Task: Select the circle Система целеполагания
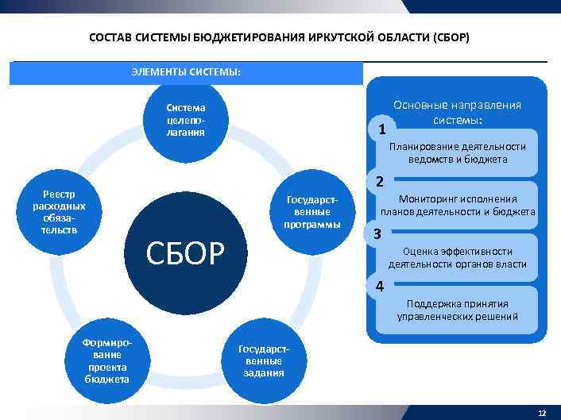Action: pos(185,120)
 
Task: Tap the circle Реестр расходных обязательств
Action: pos(60,212)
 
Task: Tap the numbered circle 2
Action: pos(379,182)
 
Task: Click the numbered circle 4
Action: pos(379,286)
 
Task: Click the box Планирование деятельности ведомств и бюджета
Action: pos(457,153)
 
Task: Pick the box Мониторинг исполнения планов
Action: pos(457,206)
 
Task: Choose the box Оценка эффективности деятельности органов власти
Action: pos(457,258)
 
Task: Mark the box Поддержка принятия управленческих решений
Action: pos(457,310)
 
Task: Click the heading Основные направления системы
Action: pos(457,112)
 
